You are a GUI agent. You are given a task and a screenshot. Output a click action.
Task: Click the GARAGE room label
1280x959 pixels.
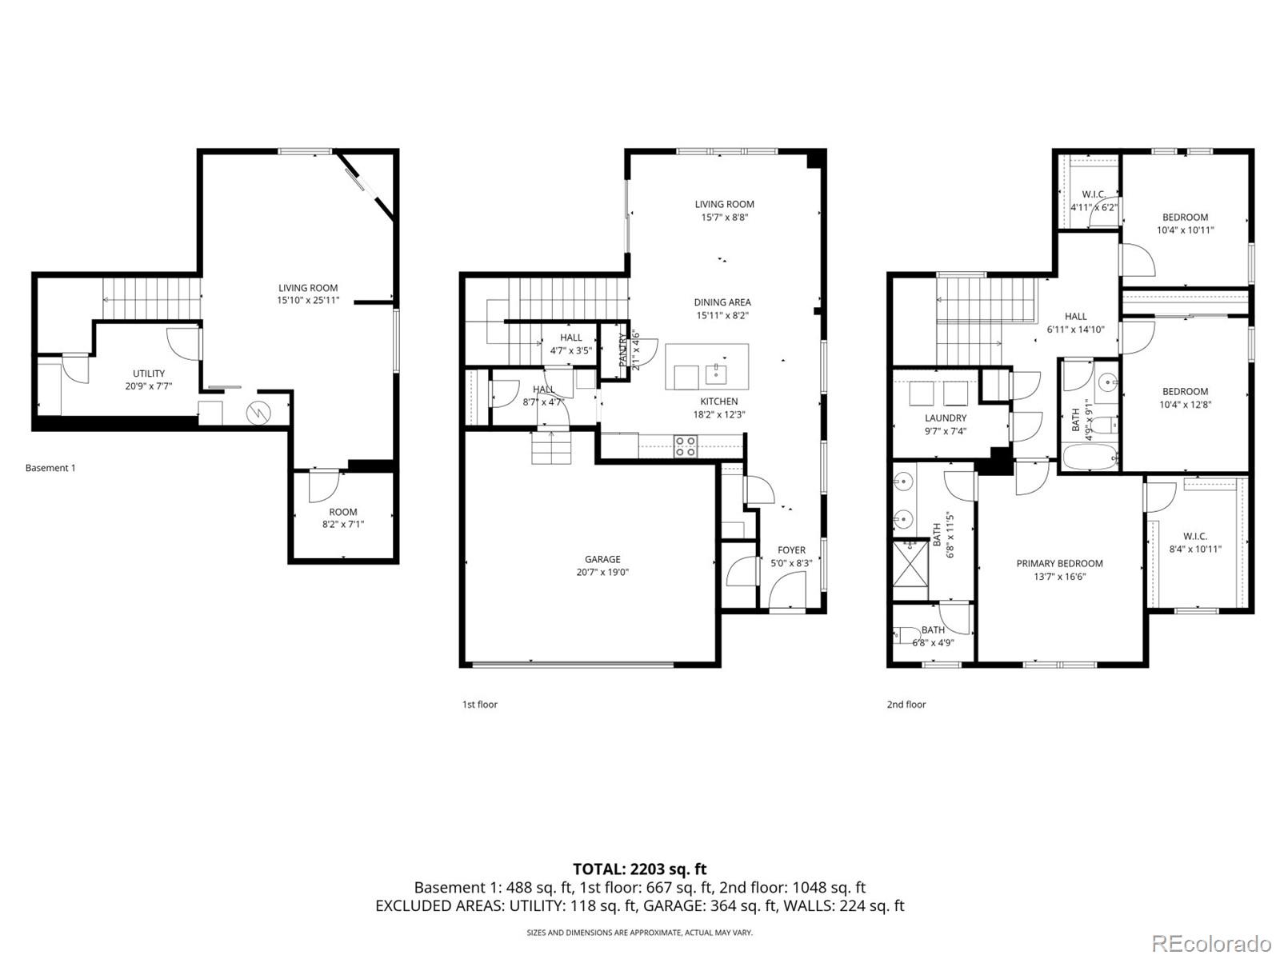[x=602, y=560]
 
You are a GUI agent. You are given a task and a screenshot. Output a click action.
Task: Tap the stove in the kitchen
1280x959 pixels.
[x=684, y=446]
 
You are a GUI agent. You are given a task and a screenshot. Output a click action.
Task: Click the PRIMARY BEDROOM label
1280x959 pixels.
[x=1059, y=563]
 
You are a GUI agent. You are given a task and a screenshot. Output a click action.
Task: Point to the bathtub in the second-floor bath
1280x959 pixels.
[x=1090, y=459]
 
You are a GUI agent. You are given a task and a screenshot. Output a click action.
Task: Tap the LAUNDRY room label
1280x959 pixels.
[x=945, y=418]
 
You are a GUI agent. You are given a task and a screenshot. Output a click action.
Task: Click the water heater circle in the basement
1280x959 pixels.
[x=258, y=412]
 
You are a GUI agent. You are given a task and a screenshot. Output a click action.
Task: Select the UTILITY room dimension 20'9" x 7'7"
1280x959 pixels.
[x=149, y=386]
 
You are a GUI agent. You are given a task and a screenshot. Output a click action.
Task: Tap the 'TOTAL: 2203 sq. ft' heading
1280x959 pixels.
[x=639, y=869]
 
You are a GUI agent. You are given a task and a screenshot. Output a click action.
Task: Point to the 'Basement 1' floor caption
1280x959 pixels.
[x=50, y=468]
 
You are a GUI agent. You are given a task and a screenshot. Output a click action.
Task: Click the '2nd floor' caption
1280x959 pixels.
[x=906, y=705]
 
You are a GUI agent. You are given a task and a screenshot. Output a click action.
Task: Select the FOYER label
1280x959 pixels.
[x=791, y=549]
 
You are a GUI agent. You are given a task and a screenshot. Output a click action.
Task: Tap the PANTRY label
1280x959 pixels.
[x=623, y=350]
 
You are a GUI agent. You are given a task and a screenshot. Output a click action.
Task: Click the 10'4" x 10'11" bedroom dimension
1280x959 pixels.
[x=1185, y=230]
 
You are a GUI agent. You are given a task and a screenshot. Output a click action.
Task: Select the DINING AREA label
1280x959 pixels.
[x=722, y=302]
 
